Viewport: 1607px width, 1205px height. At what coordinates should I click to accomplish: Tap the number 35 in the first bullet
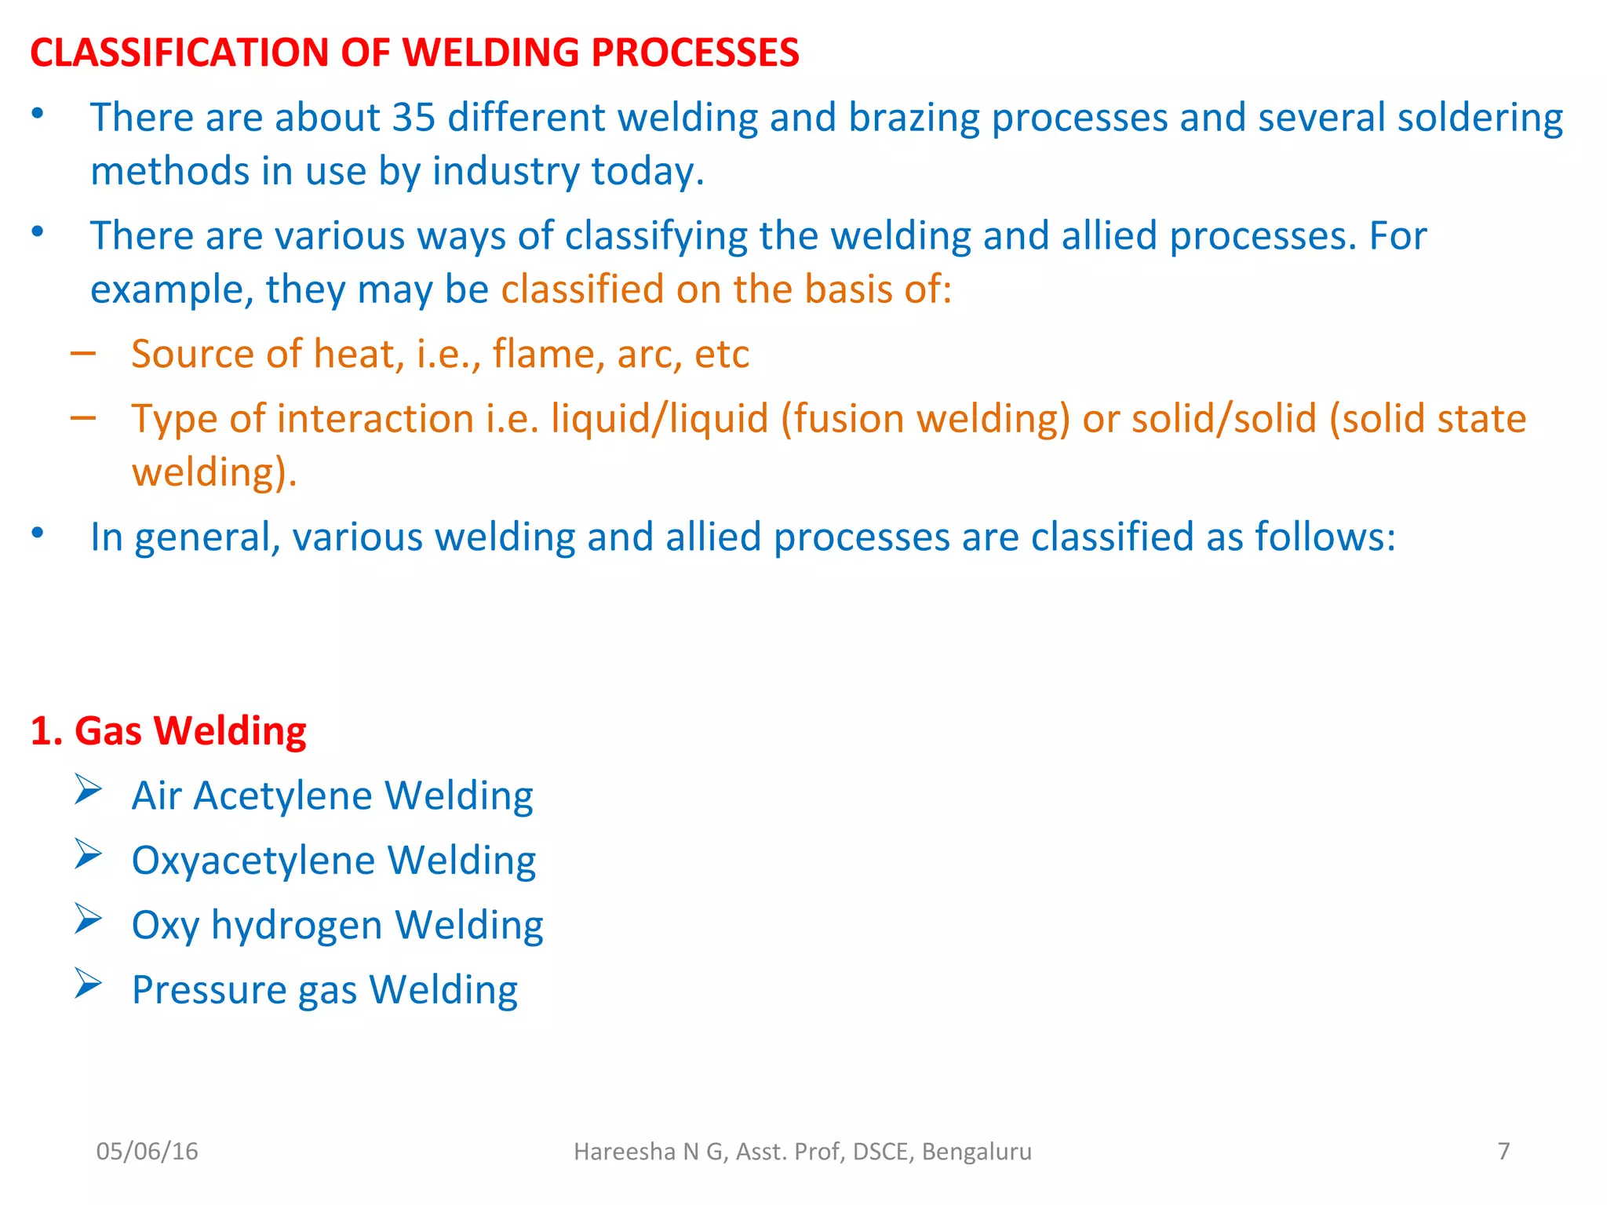414,118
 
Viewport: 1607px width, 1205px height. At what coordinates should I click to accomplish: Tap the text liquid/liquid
659,418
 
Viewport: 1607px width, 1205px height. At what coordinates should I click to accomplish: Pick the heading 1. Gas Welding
168,730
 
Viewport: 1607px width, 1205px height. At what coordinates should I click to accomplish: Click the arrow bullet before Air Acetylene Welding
88,790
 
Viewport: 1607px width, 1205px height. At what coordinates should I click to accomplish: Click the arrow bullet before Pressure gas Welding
88,984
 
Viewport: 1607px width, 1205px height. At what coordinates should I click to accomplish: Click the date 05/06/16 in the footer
147,1151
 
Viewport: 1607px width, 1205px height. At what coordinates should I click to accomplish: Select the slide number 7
1503,1151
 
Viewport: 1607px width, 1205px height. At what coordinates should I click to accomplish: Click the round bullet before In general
37,533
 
